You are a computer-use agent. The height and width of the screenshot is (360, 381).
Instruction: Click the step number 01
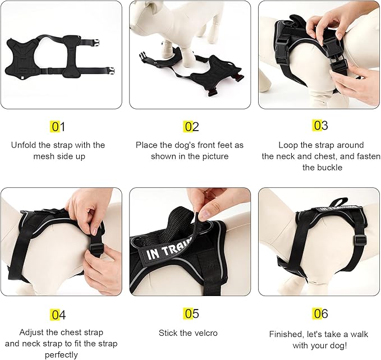(x=58, y=127)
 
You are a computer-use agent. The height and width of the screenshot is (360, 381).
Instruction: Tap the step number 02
(x=191, y=127)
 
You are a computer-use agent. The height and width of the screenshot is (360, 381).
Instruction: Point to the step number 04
(x=58, y=315)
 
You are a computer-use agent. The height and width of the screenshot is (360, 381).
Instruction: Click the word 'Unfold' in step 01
(x=24, y=145)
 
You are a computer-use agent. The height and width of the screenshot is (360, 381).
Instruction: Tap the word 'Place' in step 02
(x=146, y=145)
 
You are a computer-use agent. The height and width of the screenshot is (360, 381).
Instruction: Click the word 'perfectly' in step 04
(x=58, y=355)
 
